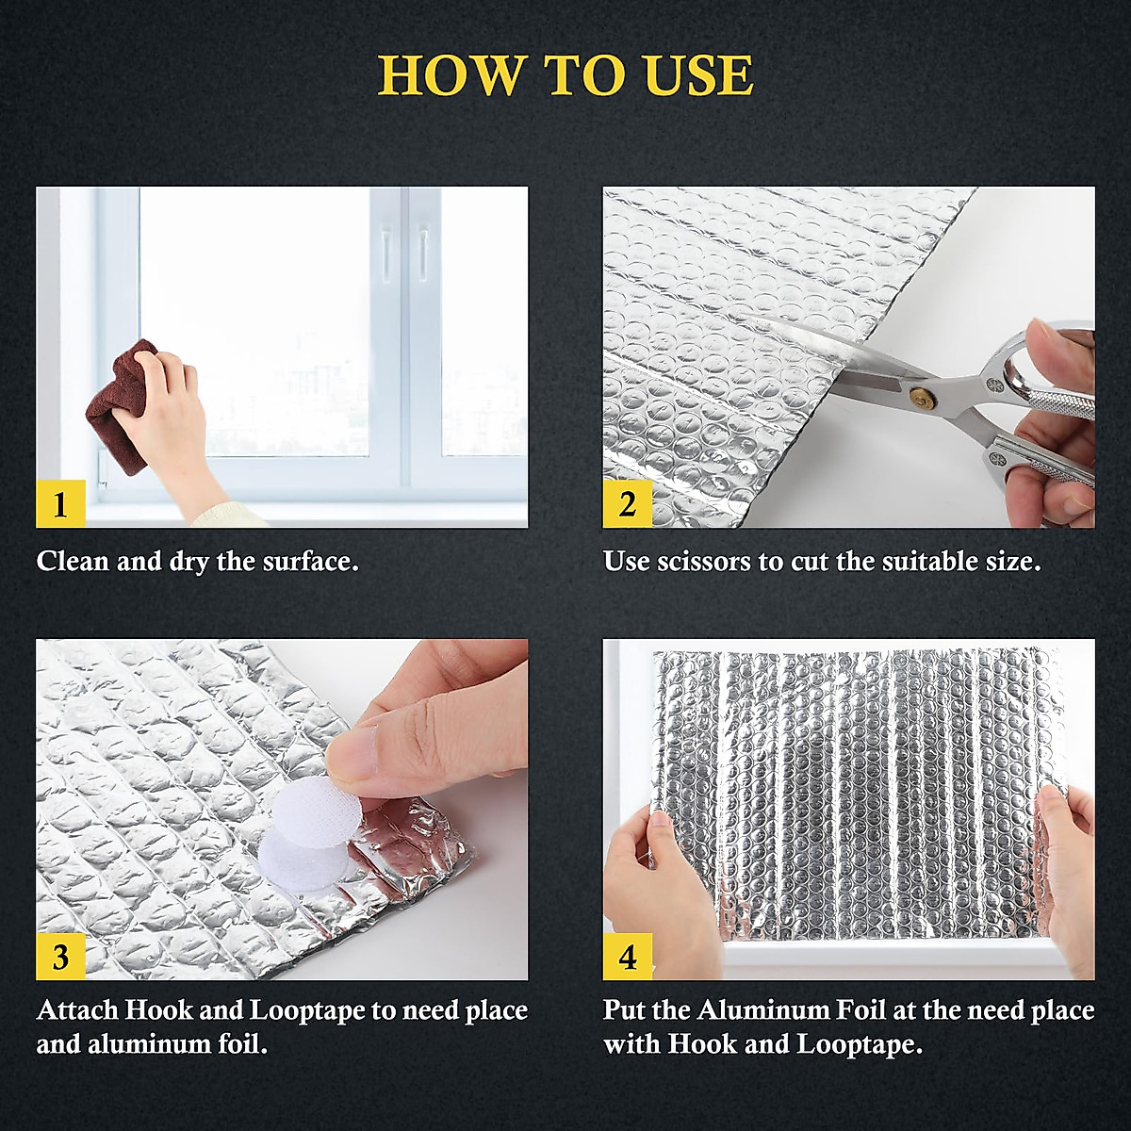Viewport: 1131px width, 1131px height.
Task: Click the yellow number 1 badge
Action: [x=60, y=503]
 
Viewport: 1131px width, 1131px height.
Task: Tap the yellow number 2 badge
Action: [x=627, y=503]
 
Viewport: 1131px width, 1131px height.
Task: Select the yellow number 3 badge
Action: [x=60, y=956]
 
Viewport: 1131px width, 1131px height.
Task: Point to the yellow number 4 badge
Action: [x=627, y=956]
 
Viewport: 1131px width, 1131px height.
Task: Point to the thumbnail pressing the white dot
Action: [x=351, y=755]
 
